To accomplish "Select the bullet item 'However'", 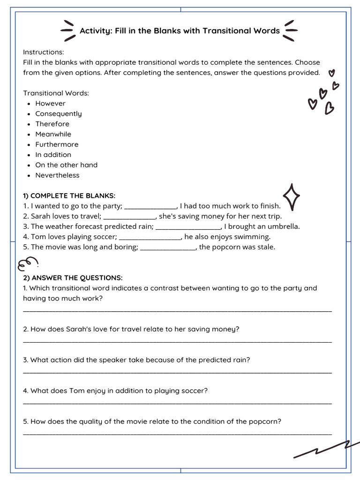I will point(50,104).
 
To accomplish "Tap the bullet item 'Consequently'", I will point(58,114).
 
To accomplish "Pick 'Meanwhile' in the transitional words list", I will point(53,135).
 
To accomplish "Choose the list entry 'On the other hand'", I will point(66,165).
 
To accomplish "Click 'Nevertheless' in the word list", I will point(57,175).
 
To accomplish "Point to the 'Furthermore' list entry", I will point(57,145).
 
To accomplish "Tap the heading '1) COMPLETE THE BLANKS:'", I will point(69,196).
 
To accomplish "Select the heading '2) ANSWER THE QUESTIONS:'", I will point(73,278).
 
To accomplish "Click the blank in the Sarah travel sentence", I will point(129,218).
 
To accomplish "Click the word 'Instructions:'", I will point(44,52).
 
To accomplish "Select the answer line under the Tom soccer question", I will point(177,403).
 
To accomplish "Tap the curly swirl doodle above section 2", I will point(27,264).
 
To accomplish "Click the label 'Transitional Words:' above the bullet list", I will point(56,93).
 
